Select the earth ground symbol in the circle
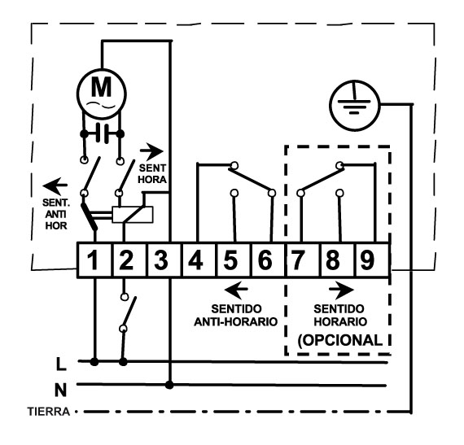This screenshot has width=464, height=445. click(354, 105)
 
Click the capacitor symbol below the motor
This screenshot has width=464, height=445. click(102, 134)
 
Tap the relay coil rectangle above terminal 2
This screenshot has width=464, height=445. click(133, 215)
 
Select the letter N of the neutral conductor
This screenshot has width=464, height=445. click(60, 390)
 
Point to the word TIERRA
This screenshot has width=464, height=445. click(49, 412)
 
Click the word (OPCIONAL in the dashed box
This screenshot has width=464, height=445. click(340, 340)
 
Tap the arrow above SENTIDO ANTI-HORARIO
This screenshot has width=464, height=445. click(236, 289)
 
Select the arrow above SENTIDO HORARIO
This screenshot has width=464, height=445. click(342, 290)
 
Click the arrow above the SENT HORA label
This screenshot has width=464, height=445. click(151, 151)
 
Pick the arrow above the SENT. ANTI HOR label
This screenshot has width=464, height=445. click(55, 185)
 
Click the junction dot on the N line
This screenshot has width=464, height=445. click(169, 385)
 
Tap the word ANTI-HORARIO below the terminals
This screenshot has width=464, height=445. click(235, 321)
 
